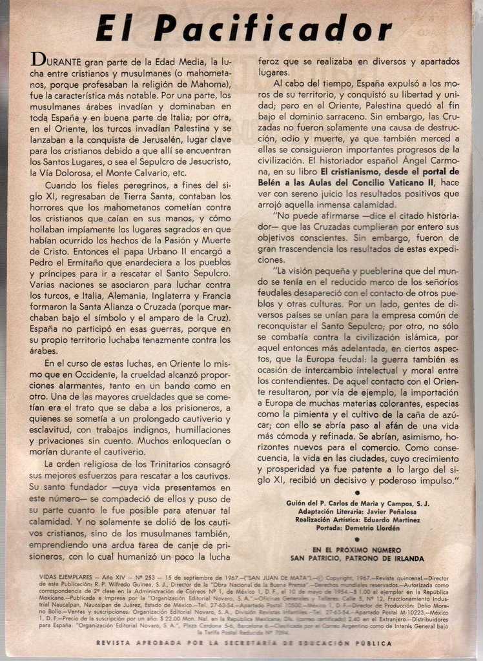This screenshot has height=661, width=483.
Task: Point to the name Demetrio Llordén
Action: (382, 528)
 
